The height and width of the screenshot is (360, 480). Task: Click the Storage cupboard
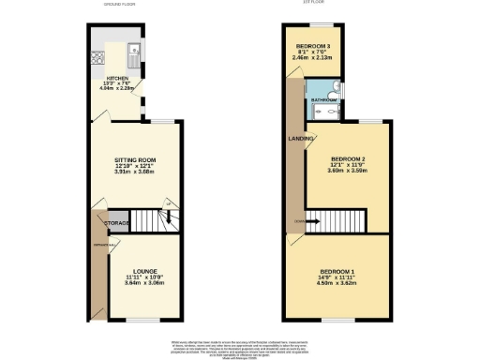point(116,223)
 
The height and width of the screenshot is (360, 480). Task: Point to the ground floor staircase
point(150,221)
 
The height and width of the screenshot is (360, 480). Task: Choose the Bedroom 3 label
point(311,46)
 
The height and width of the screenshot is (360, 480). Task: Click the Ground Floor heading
point(120,5)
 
